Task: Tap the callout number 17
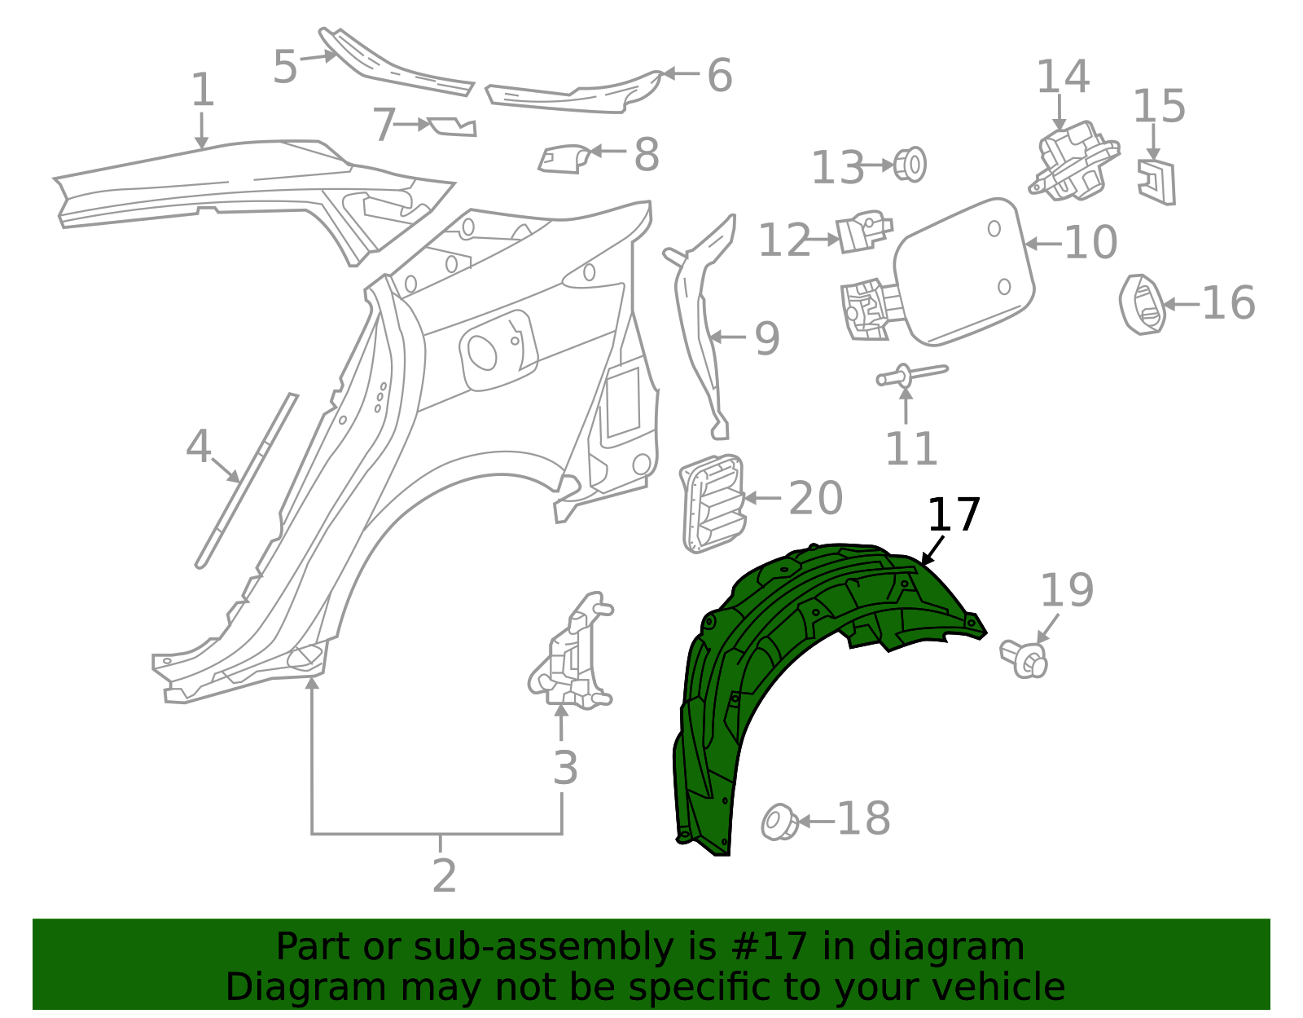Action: (954, 516)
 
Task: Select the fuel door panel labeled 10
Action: (965, 269)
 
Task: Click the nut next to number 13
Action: (910, 165)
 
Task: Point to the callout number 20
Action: (815, 498)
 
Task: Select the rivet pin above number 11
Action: (910, 375)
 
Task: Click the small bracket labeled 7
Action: (451, 126)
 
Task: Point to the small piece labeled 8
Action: (563, 158)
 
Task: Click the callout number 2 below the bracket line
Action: (444, 876)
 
